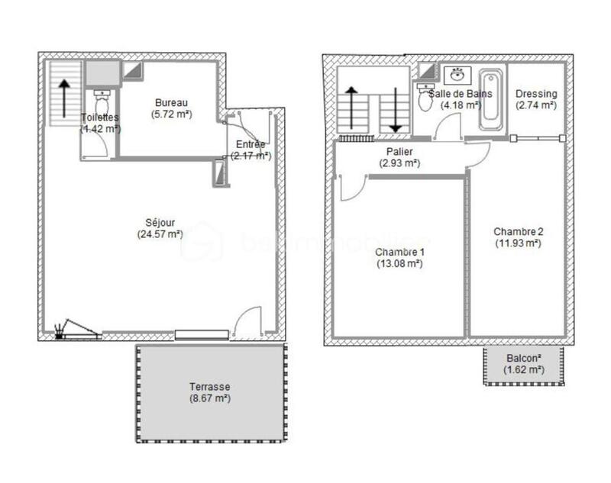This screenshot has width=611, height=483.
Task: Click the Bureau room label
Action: [x=171, y=103]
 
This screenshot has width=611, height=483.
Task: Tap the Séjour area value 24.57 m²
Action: [x=160, y=235]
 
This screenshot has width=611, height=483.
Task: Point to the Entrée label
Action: [x=251, y=144]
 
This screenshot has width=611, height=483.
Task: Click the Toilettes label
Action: [x=99, y=118]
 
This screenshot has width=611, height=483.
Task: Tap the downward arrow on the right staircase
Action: [x=396, y=110]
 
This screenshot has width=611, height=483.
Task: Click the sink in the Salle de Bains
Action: [x=457, y=75]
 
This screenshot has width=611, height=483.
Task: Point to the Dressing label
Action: [x=536, y=94]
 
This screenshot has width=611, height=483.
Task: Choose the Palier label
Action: [x=399, y=152]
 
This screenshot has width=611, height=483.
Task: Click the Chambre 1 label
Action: [x=399, y=252]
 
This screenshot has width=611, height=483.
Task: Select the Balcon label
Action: [x=524, y=358]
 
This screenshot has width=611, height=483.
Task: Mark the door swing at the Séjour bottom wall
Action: [x=247, y=322]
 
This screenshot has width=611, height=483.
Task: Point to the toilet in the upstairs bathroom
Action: [x=425, y=99]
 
